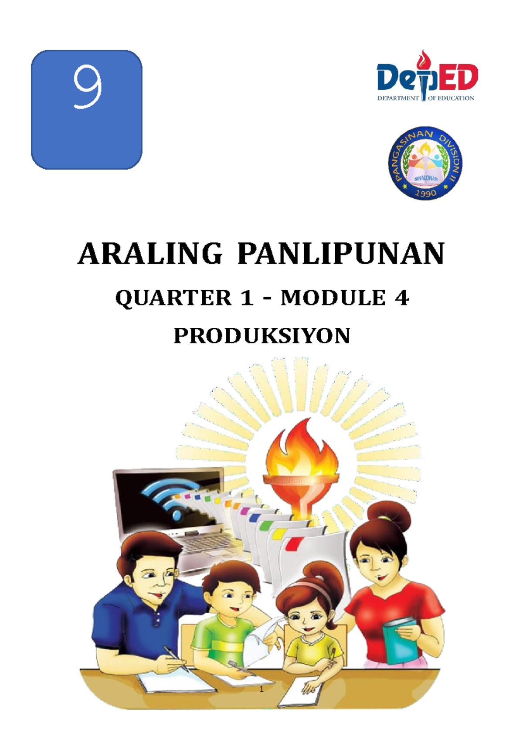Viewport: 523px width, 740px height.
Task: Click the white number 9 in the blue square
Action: (87, 87)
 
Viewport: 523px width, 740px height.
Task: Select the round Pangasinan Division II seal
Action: (425, 164)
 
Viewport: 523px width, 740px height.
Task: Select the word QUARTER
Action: (173, 298)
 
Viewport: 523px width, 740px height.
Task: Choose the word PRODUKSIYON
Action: (262, 336)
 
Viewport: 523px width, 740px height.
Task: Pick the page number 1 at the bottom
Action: (261, 689)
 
